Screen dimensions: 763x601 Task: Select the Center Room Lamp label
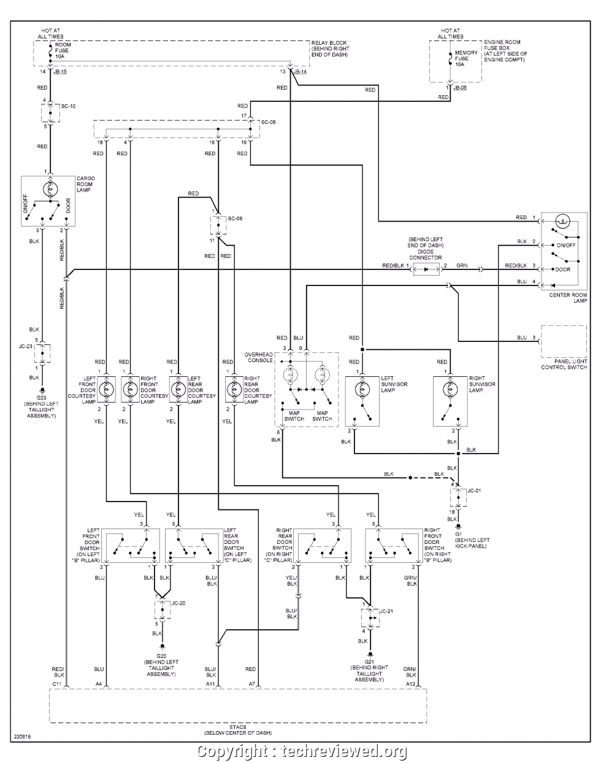coord(568,298)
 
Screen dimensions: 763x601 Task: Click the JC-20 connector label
coord(178,603)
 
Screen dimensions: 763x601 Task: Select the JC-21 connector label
coord(385,612)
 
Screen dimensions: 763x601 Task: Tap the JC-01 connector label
coord(474,491)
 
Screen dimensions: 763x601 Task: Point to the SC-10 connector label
coord(68,106)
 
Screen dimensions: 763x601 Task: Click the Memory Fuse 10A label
coord(466,58)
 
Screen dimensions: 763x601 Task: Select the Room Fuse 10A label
coord(63,50)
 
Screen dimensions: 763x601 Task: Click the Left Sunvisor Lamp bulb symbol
coord(361,389)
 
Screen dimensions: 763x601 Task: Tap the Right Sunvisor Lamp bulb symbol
coord(449,389)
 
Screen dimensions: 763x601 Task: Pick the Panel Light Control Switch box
coord(564,341)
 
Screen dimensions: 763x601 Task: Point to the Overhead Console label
coord(258,358)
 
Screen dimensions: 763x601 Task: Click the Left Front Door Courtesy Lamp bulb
coord(107,389)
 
